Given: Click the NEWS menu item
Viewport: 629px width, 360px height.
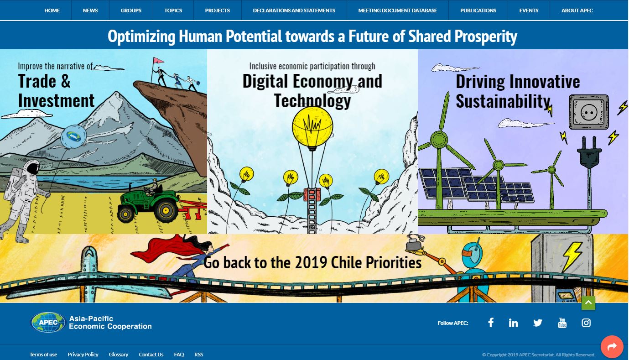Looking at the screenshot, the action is tap(90, 10).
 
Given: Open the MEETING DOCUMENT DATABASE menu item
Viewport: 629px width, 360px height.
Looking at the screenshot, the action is tap(398, 10).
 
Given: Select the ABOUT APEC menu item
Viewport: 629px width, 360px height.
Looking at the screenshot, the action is tap(577, 10).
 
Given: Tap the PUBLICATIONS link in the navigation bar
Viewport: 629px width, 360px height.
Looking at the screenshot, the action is tap(478, 10).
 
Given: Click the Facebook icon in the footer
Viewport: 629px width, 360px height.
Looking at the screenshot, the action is tap(491, 323).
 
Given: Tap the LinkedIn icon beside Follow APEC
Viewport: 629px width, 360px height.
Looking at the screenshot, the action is tap(513, 323).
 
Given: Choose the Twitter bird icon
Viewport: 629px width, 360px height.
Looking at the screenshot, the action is tap(538, 323).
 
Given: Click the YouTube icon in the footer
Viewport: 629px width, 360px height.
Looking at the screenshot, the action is tap(562, 323).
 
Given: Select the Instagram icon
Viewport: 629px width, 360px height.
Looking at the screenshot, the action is tap(586, 323).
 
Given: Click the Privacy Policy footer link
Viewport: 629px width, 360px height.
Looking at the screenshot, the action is tap(83, 355).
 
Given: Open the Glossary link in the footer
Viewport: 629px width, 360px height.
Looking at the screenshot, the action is tap(119, 355).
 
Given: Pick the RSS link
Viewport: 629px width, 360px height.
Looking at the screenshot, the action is tap(198, 355).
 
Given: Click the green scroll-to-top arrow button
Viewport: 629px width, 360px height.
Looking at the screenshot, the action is tap(588, 303).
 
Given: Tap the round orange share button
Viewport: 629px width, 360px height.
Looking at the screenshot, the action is tap(612, 346).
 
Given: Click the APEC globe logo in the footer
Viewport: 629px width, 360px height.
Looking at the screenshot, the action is tap(48, 323).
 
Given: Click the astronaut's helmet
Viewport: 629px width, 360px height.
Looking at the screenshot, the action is tap(31, 167).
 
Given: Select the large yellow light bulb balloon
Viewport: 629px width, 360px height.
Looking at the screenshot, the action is tap(312, 128).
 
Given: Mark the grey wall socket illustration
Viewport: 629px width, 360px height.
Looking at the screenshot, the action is tap(589, 112).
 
